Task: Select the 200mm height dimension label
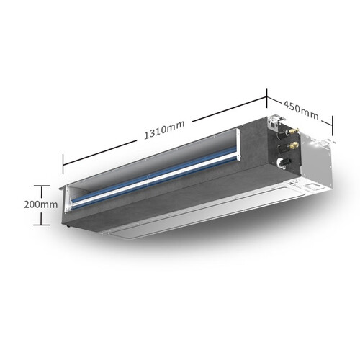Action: tap(41, 204)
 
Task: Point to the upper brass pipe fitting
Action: tap(294, 131)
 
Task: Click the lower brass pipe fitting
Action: tap(294, 145)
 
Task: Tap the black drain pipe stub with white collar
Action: tap(284, 162)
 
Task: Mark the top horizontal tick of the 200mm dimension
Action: tap(42, 186)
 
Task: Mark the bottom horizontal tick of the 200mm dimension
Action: tap(42, 225)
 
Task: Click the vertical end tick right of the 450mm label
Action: tap(333, 126)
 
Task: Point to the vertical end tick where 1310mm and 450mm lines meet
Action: tap(266, 99)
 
